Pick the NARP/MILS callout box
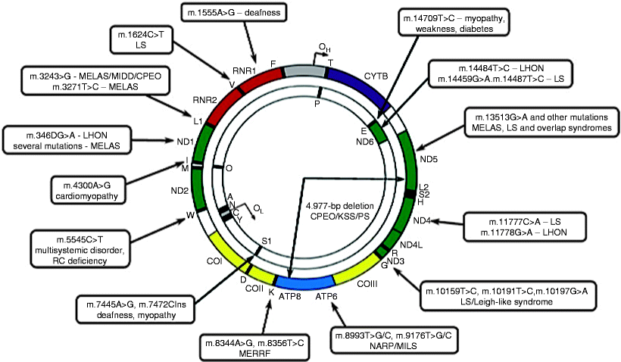[x=395, y=339]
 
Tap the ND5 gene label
[x=428, y=160]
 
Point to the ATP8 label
[x=289, y=296]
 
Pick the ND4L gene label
[x=410, y=244]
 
